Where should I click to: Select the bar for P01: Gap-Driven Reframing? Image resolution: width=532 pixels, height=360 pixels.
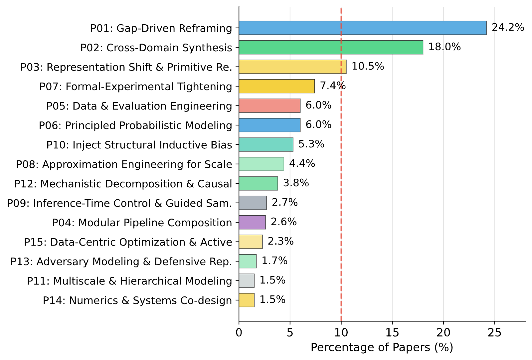[x=362, y=28]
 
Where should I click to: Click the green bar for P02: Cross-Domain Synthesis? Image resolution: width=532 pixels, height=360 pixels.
[x=331, y=47]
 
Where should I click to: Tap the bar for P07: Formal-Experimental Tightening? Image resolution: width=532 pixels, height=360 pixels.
[x=276, y=86]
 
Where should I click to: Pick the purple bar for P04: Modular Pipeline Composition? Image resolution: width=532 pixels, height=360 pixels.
[x=252, y=222]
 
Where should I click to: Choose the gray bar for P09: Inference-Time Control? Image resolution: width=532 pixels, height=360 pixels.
[x=253, y=203]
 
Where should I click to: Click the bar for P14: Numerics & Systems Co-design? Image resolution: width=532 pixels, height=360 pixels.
[x=247, y=300]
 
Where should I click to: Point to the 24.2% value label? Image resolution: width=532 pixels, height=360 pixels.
[x=508, y=27]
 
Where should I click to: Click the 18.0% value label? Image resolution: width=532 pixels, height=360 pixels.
[x=444, y=47]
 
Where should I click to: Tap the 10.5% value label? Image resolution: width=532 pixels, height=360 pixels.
[x=368, y=66]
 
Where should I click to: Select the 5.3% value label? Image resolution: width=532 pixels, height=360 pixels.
[x=311, y=144]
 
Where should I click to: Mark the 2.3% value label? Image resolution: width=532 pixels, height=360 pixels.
[x=280, y=241]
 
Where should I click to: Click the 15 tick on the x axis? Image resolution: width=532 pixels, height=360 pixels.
[x=392, y=332]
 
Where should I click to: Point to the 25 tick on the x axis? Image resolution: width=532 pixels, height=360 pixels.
[x=494, y=332]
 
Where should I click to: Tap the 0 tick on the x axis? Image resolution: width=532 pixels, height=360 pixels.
[x=239, y=332]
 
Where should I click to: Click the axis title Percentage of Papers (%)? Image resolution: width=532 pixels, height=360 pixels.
[x=382, y=347]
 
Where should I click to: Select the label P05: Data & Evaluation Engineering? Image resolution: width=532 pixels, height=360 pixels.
[x=139, y=106]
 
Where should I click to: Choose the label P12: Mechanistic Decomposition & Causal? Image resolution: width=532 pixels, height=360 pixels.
[x=123, y=184]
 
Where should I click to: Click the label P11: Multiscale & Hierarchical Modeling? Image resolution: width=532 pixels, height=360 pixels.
[x=129, y=281]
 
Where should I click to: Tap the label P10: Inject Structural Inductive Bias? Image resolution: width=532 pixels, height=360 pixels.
[x=139, y=145]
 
